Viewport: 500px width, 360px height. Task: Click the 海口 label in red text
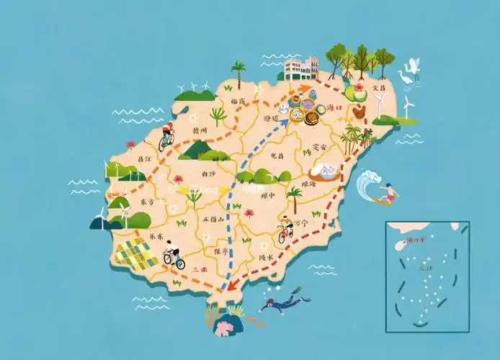click(335, 107)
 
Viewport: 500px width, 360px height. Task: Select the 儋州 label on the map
click(200, 130)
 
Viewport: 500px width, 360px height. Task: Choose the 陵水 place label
click(265, 257)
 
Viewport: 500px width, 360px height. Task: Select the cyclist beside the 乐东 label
click(173, 254)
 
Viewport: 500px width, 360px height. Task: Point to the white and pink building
click(301, 68)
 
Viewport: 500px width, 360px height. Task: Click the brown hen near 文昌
click(360, 112)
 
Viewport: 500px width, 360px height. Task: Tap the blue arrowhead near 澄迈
click(284, 123)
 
